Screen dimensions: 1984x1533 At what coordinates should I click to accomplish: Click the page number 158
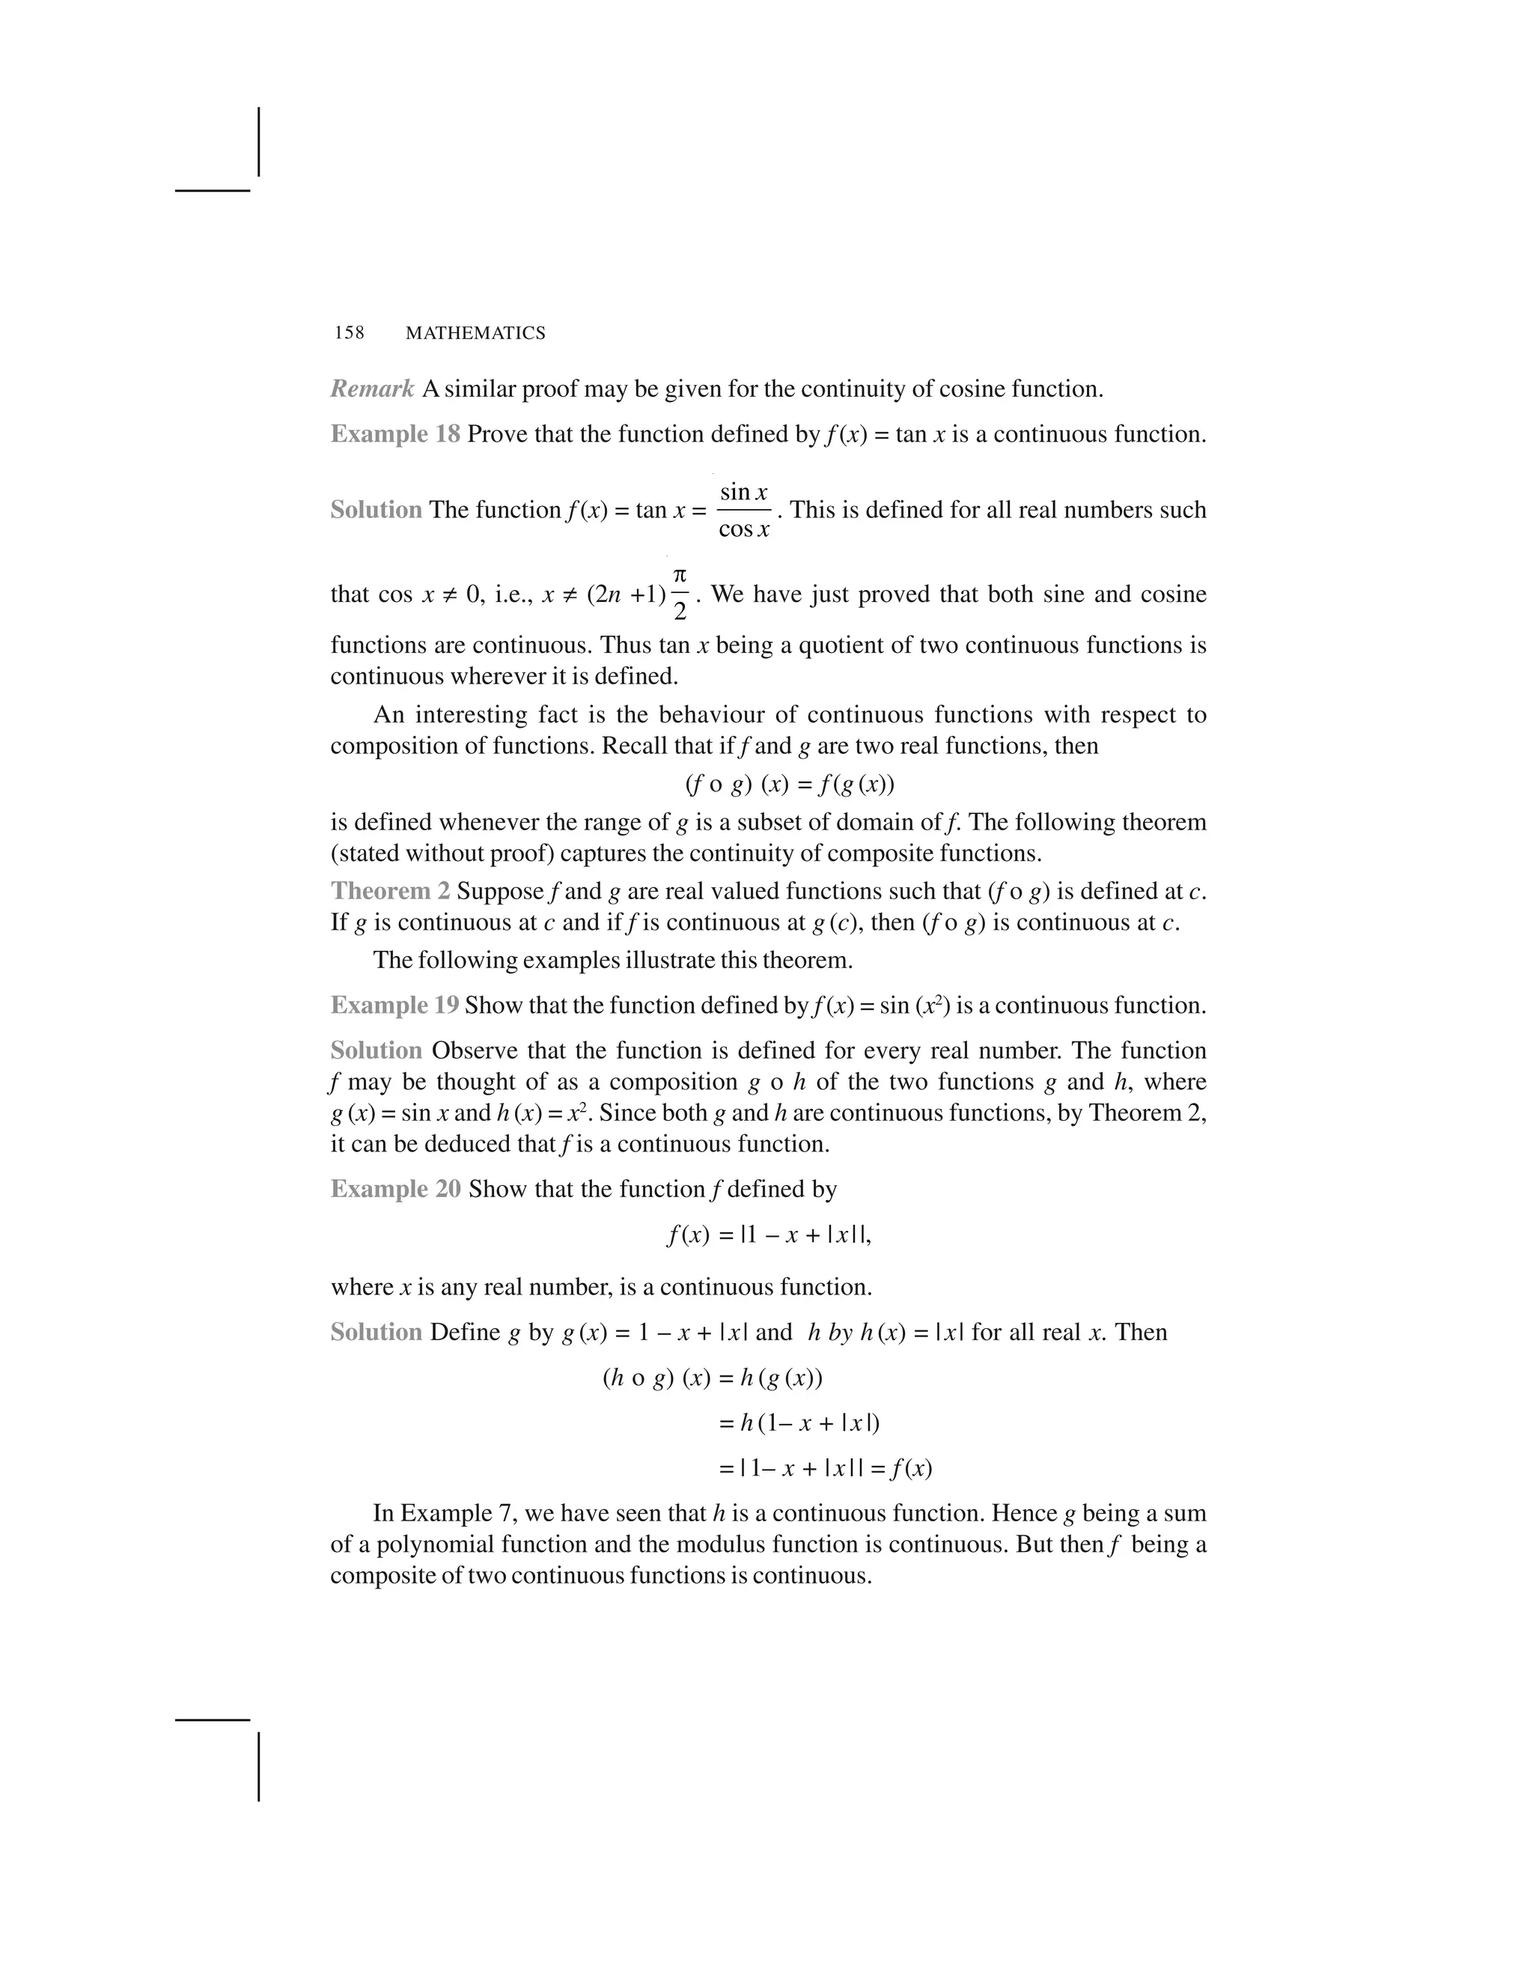pyautogui.click(x=349, y=333)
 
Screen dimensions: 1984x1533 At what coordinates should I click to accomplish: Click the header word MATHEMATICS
pyautogui.click(x=475, y=333)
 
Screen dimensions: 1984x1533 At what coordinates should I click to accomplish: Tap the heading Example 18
pyautogui.click(x=395, y=434)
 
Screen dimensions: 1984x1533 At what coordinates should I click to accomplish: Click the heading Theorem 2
pyautogui.click(x=389, y=890)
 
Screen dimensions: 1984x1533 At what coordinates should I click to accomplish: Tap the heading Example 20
pyautogui.click(x=395, y=1189)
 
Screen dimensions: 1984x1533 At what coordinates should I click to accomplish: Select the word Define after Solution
pyautogui.click(x=464, y=1333)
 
